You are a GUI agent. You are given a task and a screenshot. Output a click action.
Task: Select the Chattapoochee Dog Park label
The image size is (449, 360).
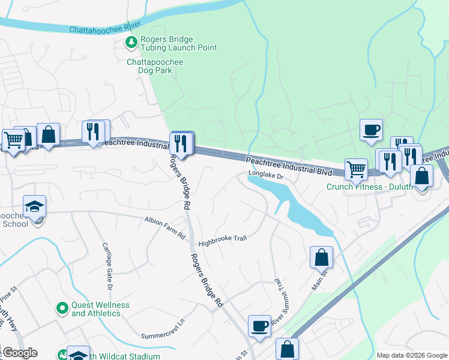click(155, 66)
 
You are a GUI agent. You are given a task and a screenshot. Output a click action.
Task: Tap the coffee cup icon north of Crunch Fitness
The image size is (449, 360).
click(371, 130)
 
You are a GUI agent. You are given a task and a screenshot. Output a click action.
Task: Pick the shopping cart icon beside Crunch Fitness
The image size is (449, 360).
click(356, 169)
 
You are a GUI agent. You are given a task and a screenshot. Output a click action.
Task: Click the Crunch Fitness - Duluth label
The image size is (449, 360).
click(369, 187)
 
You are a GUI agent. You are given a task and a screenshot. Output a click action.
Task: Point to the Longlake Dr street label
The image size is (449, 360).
click(265, 176)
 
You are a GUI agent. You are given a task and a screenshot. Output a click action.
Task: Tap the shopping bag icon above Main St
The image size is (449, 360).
click(321, 257)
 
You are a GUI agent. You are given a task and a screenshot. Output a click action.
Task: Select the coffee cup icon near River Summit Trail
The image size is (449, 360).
click(259, 326)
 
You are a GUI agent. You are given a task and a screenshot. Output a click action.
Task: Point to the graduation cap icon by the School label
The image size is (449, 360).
click(34, 206)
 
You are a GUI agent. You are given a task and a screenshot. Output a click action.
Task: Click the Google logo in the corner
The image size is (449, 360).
click(19, 353)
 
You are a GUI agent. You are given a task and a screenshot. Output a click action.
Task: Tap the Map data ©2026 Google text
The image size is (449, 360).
click(411, 355)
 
